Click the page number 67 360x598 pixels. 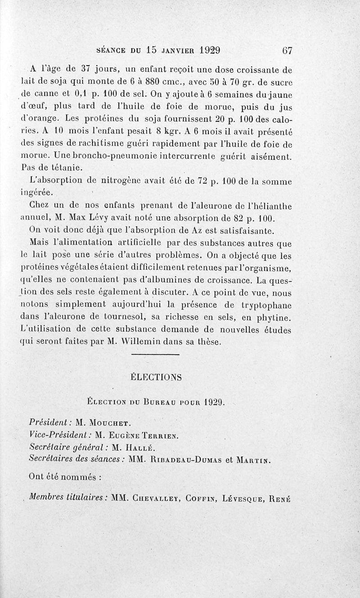click(x=287, y=50)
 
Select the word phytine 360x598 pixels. click(x=274, y=318)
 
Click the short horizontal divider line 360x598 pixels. click(x=156, y=355)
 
